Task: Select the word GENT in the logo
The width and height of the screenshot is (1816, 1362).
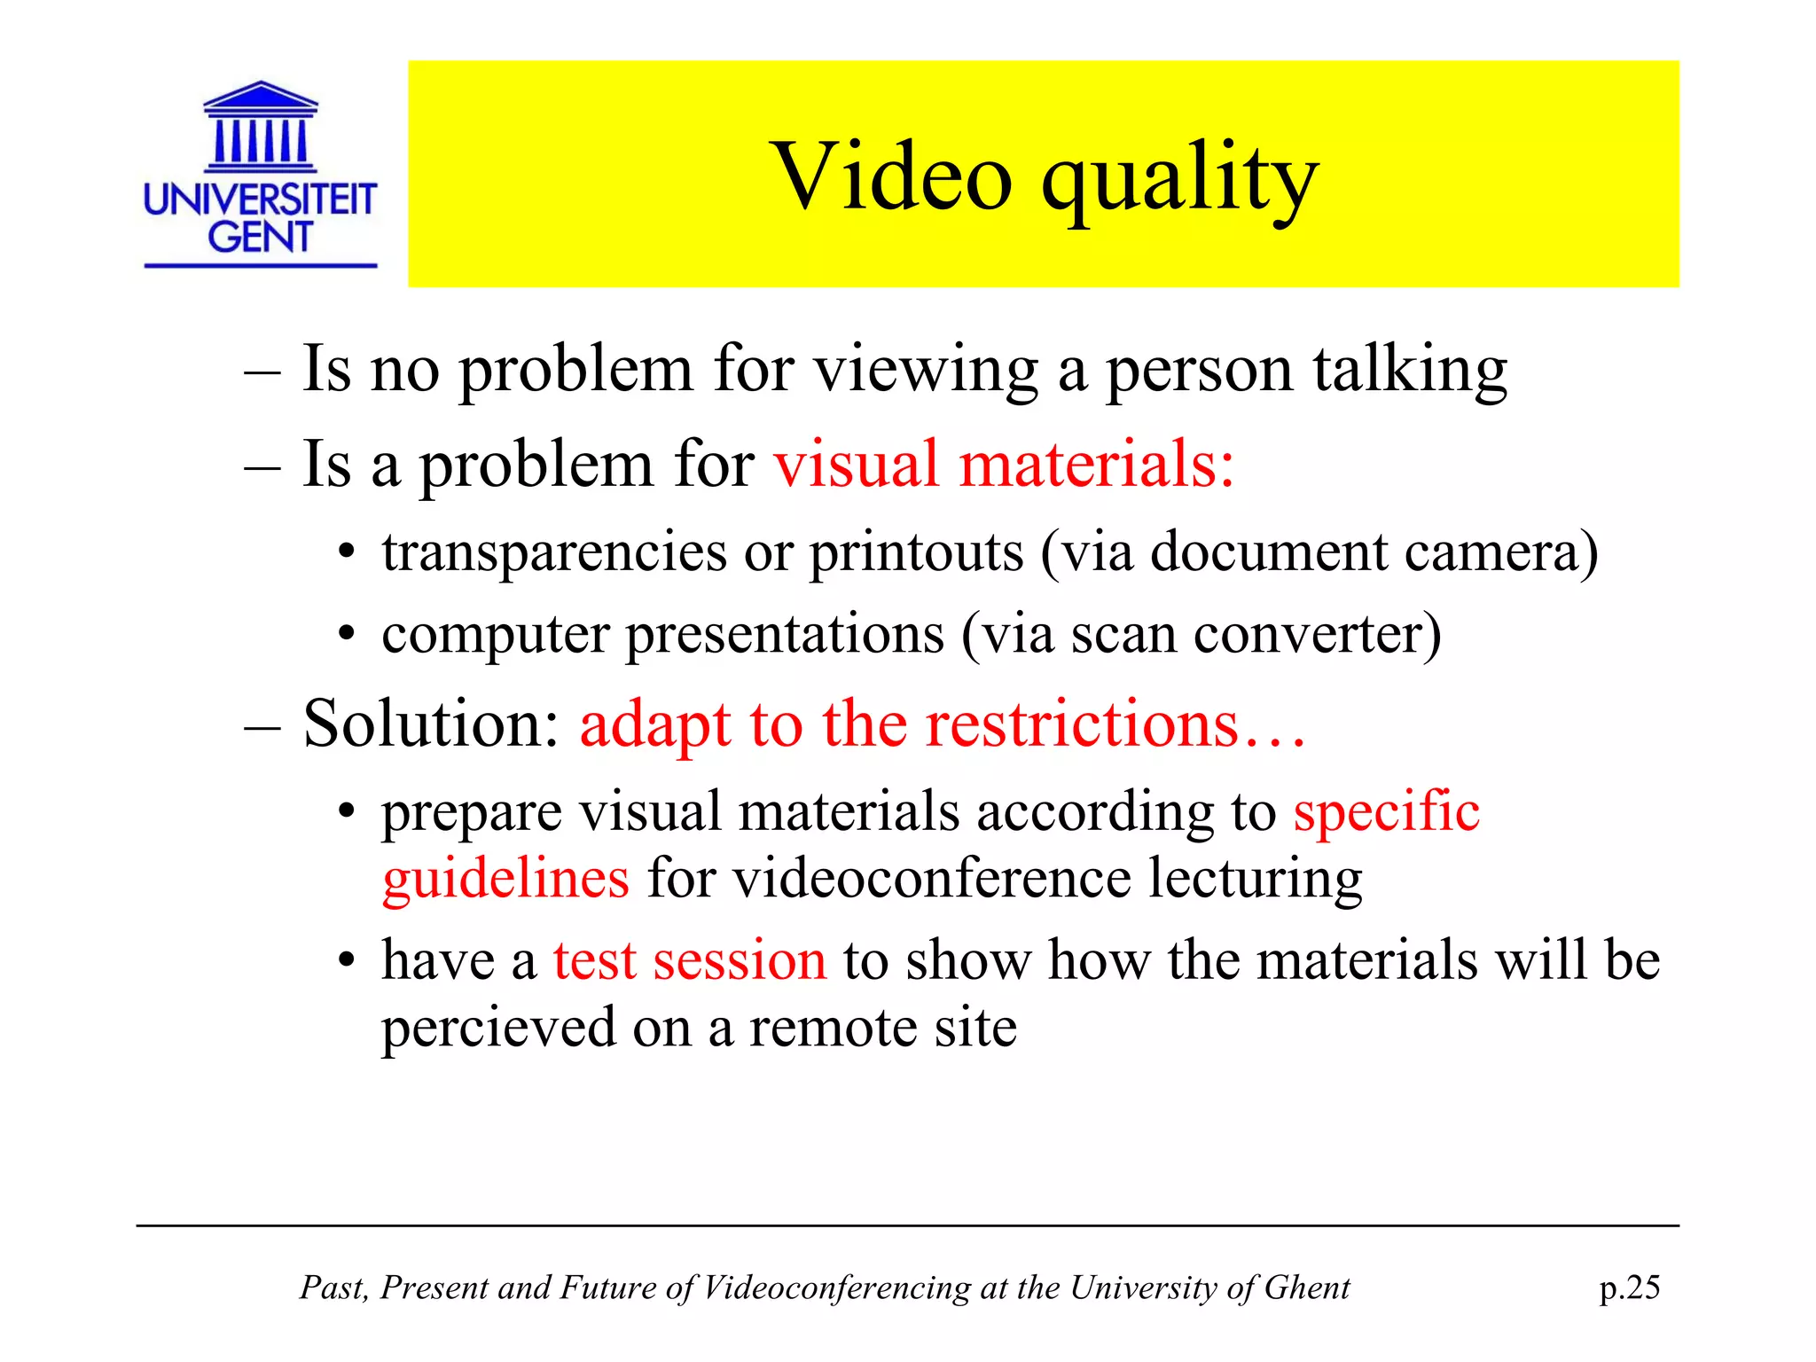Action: point(260,237)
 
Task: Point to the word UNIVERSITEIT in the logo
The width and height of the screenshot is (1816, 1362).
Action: point(260,200)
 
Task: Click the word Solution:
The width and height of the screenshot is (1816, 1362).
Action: point(431,724)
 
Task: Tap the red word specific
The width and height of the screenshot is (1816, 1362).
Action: point(1386,811)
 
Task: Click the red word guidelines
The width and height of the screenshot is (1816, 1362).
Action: point(505,879)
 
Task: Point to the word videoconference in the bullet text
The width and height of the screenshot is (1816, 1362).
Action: point(932,879)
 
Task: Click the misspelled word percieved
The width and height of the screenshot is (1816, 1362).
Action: point(498,1029)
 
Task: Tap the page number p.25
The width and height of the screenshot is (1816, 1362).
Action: point(1629,1288)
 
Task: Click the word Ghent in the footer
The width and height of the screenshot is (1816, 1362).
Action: point(1306,1288)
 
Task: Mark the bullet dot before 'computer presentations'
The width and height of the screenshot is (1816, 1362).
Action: point(347,636)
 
